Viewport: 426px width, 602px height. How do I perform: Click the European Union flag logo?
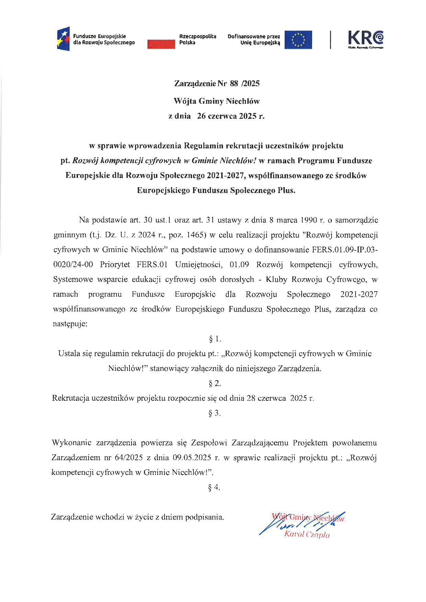pos(298,39)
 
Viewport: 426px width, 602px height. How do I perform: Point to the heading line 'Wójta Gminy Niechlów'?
pos(216,101)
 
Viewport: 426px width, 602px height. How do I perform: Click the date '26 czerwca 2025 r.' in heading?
pos(231,116)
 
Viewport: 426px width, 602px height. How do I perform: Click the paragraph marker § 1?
pos(215,339)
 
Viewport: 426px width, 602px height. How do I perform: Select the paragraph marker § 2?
pos(215,383)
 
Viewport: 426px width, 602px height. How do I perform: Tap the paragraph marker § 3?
pos(215,413)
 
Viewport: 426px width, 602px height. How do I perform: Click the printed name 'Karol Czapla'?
pos(307,535)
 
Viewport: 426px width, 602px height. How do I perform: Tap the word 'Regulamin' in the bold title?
pos(204,146)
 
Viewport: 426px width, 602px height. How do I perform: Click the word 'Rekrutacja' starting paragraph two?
pos(70,398)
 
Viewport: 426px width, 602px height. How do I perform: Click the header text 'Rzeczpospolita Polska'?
pos(198,39)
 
